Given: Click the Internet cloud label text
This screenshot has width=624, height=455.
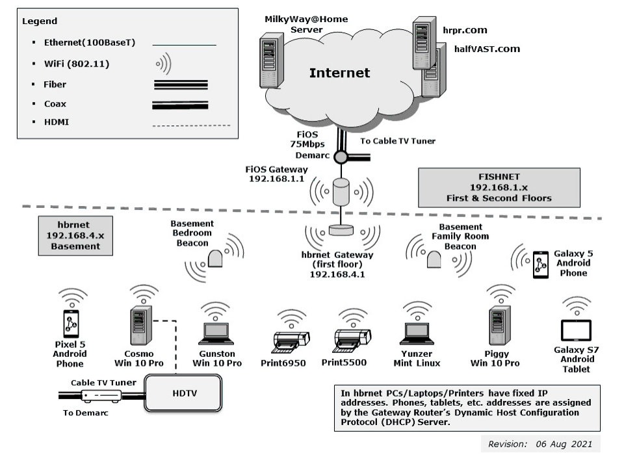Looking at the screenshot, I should tap(339, 73).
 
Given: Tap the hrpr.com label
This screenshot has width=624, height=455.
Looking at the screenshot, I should tap(465, 30).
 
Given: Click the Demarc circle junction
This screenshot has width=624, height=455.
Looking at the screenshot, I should tap(341, 157).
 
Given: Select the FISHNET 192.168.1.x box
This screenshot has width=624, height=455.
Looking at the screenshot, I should tap(499, 187).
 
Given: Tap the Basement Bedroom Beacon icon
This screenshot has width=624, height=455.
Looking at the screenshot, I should tap(215, 259).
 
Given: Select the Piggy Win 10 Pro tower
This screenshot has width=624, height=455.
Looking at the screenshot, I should tap(498, 324).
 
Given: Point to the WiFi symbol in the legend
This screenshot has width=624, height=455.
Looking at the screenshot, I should tap(162, 64).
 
